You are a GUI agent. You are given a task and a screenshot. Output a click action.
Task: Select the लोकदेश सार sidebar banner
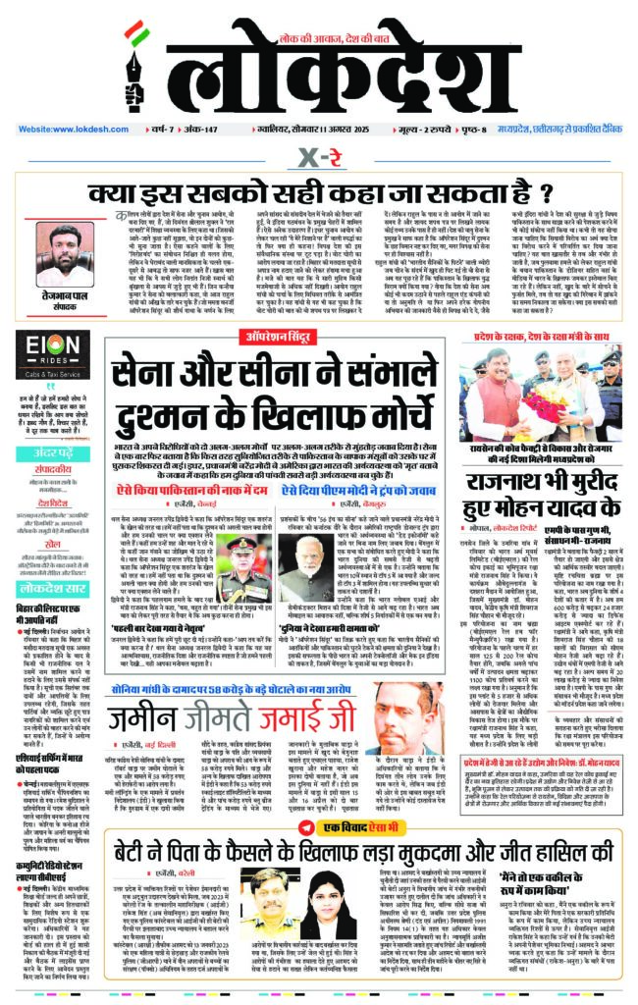coord(53,589)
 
